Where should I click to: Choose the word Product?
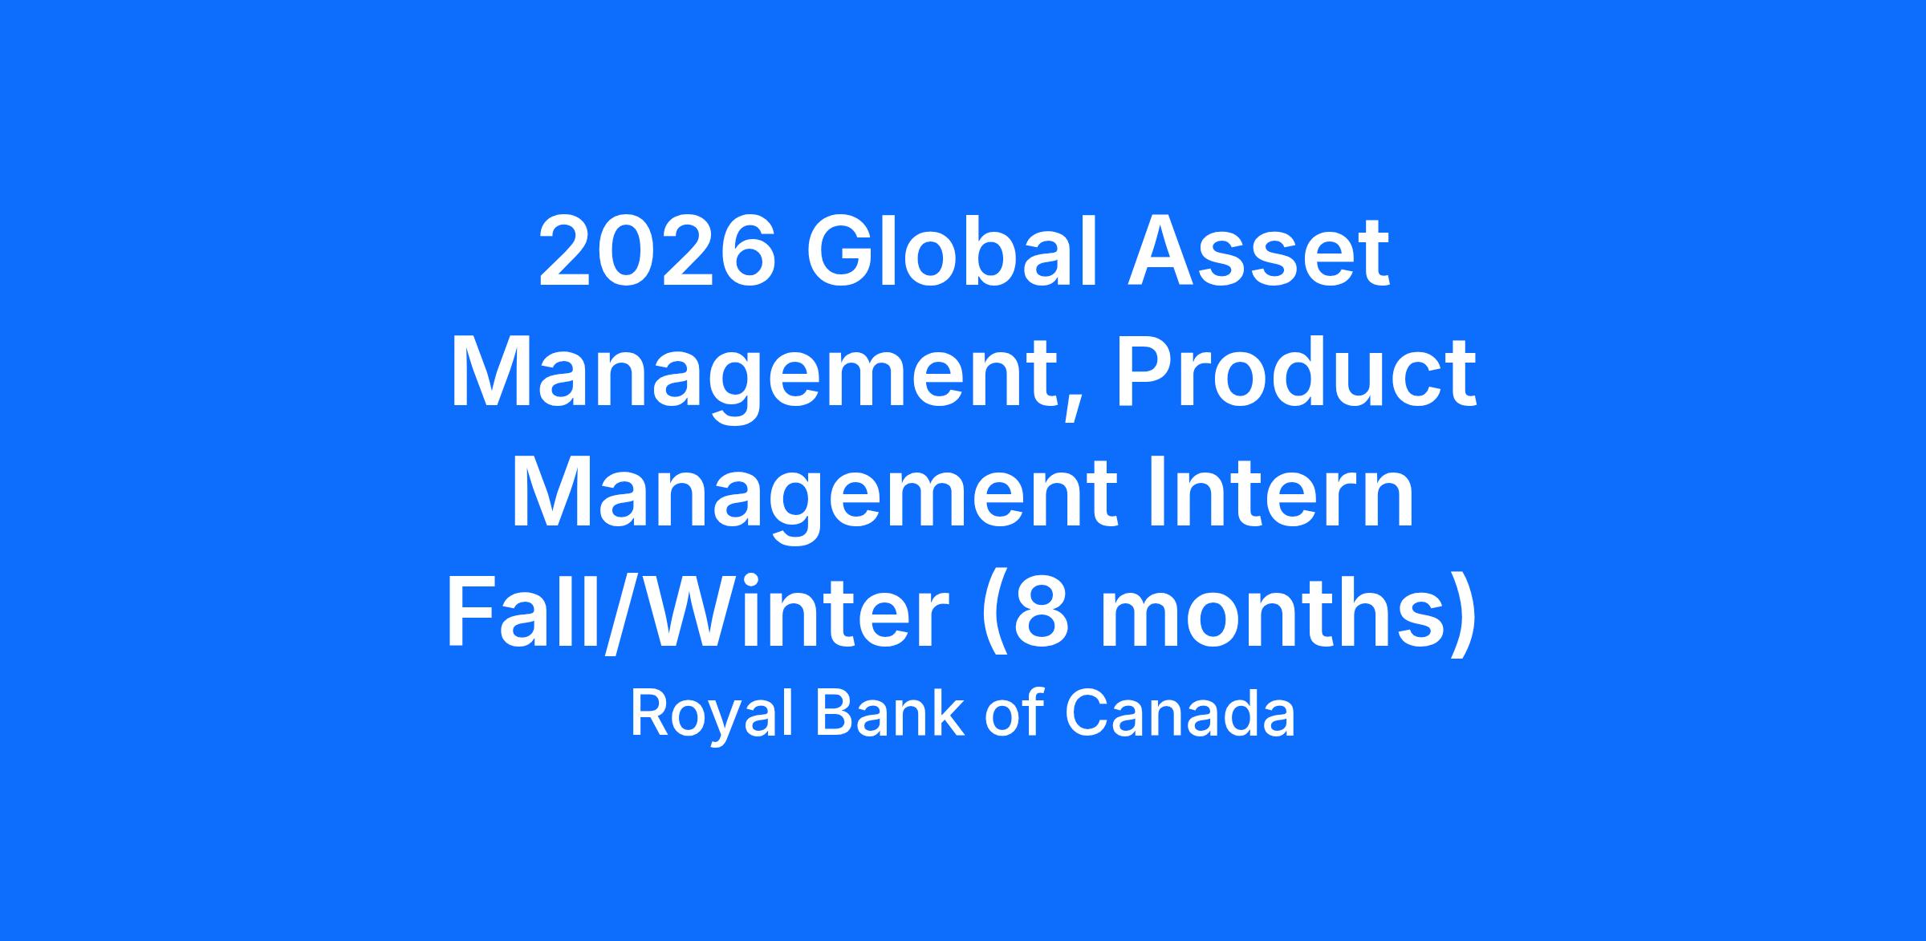[x=1296, y=371]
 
